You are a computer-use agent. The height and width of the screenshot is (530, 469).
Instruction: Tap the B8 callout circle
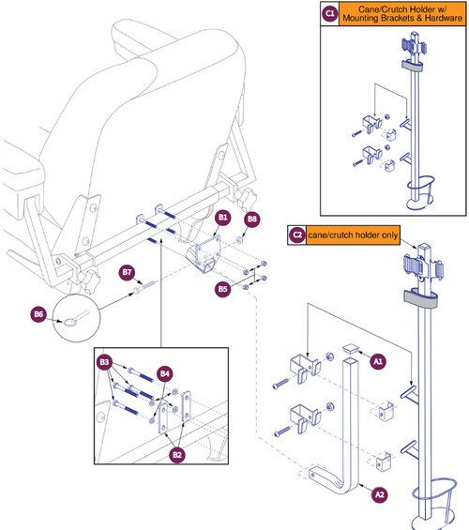point(251,220)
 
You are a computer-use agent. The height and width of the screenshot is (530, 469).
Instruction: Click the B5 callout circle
point(222,290)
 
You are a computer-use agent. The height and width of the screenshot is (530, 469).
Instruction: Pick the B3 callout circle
point(105,361)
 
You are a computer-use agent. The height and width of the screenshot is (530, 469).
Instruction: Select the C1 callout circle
point(329,14)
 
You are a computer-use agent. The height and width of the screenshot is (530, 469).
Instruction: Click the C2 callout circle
point(297,235)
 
